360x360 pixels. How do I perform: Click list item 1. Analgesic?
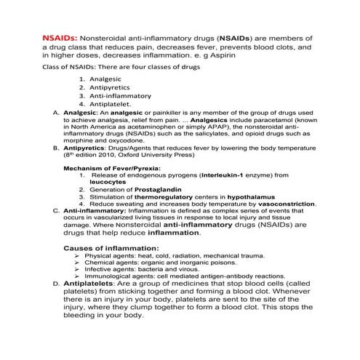tap(104, 79)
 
